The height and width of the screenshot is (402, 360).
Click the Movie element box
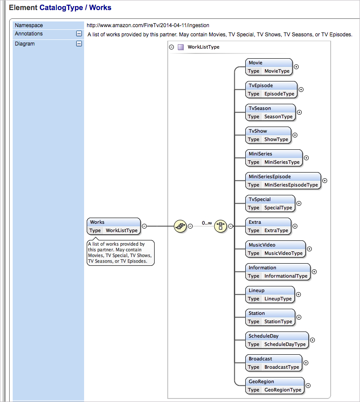click(x=268, y=67)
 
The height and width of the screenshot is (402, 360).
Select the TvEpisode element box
click(x=271, y=89)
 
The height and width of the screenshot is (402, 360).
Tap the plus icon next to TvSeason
click(x=300, y=113)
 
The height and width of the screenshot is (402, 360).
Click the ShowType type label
click(x=276, y=140)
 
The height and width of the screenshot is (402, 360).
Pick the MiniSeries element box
click(x=274, y=158)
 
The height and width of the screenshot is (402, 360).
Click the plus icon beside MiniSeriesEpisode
click(x=325, y=180)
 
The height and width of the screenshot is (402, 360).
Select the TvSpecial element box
click(x=270, y=203)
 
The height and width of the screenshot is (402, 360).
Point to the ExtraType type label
click(x=276, y=231)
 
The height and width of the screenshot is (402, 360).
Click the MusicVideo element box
click(x=275, y=249)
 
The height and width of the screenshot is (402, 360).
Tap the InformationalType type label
click(x=286, y=276)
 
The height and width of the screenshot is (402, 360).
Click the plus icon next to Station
click(x=299, y=317)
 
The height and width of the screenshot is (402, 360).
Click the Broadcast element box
click(x=274, y=363)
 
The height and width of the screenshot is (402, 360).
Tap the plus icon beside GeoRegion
click(x=308, y=386)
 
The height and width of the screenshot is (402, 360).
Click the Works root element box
click(x=114, y=226)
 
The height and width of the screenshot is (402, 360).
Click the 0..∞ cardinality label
click(x=207, y=223)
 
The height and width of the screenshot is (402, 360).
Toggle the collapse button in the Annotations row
click(x=79, y=34)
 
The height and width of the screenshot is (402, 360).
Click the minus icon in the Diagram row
click(x=79, y=43)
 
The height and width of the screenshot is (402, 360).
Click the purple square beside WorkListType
click(x=180, y=47)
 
